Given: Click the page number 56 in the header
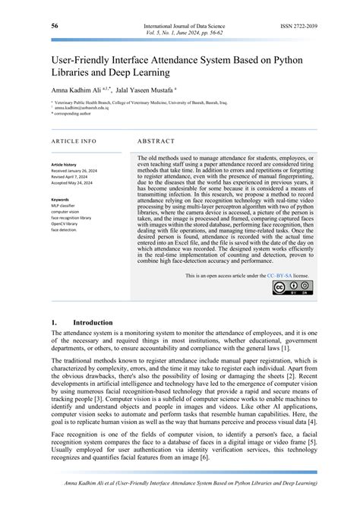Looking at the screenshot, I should [x=55, y=27].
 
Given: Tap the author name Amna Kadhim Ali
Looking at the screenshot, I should [x=79, y=87].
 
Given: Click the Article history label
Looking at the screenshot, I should [x=64, y=164].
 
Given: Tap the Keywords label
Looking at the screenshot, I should [x=60, y=200].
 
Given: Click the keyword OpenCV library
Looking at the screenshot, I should [x=68, y=223].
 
